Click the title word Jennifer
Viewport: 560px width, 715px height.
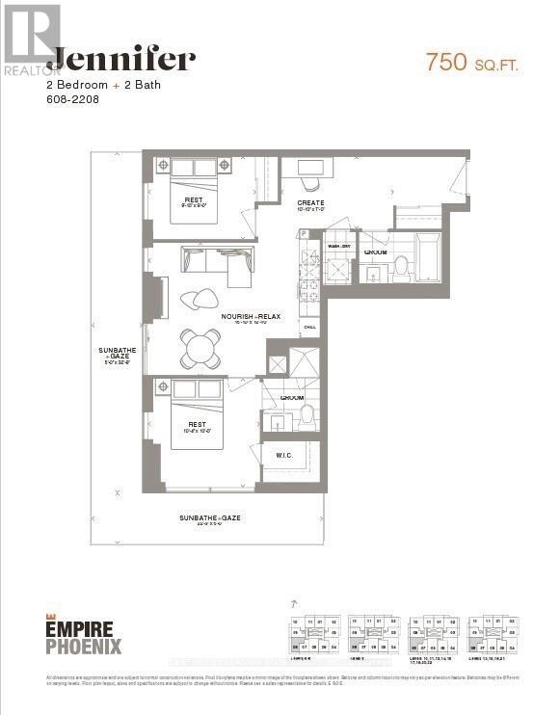tap(121, 60)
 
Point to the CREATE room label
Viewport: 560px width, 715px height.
tap(310, 203)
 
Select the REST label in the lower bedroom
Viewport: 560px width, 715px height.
tap(196, 424)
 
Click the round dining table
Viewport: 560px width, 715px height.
tap(201, 349)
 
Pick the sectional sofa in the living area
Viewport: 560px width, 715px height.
tap(218, 263)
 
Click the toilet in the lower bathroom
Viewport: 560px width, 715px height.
tap(307, 415)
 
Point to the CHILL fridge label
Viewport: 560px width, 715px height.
tap(310, 328)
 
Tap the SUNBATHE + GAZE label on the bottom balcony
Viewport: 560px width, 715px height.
tap(209, 518)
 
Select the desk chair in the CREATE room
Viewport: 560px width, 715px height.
tap(309, 183)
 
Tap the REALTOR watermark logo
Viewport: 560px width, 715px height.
tap(32, 40)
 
